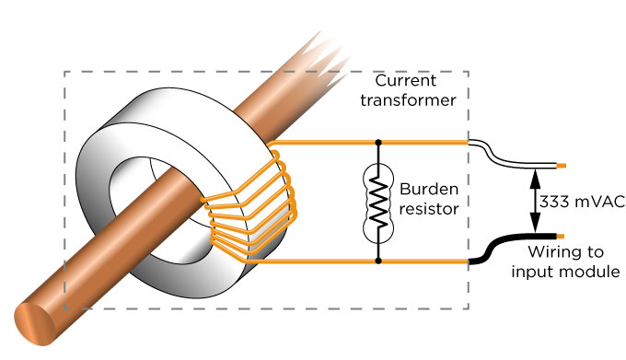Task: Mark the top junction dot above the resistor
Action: coord(377,143)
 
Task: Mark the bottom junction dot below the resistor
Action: coord(377,261)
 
